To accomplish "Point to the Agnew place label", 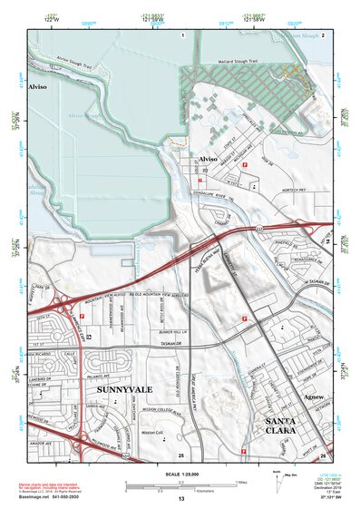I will point(312,396).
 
